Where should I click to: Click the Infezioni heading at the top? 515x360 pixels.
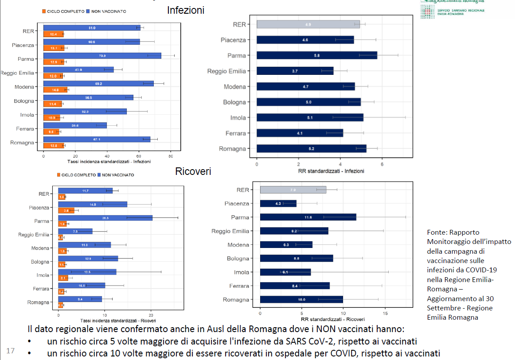coord(186,10)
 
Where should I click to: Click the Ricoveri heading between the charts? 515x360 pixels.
coord(193,171)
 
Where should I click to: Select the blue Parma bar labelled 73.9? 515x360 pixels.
coord(102,55)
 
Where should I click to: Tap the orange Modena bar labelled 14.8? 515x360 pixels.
coord(55,90)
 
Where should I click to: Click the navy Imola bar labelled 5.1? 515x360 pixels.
coord(309,117)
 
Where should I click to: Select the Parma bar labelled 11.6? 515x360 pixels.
coord(308,217)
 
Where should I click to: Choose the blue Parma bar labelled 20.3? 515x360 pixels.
coord(105,218)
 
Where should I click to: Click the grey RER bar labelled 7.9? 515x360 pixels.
coord(293,190)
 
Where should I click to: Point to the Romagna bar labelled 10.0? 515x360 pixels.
coord(301,300)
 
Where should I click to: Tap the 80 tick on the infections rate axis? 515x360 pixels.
coord(171,156)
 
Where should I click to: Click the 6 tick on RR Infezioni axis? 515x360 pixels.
coord(382,165)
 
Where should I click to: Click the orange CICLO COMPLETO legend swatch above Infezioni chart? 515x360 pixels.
coord(45,11)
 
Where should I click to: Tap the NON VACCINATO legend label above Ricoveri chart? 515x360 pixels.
coord(118,175)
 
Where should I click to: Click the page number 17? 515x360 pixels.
coord(11,351)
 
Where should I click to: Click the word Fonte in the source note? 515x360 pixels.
coord(437,232)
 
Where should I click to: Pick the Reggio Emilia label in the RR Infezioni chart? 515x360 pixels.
coord(226,71)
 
